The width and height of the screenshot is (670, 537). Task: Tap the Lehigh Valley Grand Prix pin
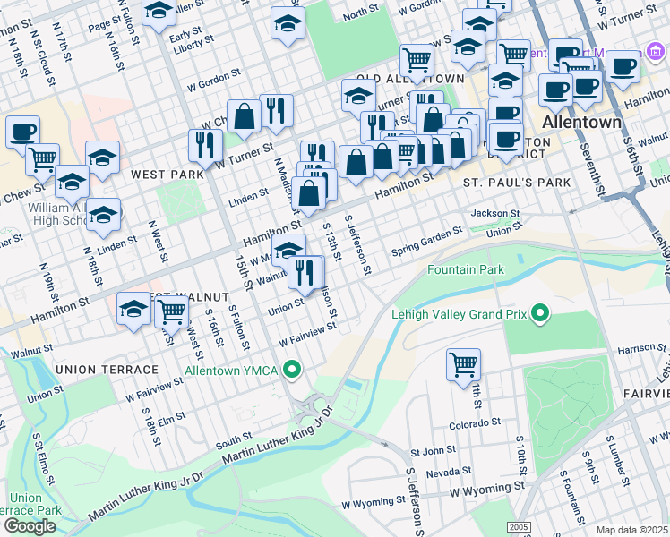coord(539,314)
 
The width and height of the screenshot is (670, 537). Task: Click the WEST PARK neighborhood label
coord(167,174)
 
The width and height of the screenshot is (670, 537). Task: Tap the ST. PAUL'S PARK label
coord(517,183)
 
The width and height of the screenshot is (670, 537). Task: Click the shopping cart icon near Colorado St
coord(464,363)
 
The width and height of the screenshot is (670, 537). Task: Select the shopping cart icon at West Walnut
coord(170,311)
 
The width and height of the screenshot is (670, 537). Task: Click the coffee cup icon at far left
coord(22,132)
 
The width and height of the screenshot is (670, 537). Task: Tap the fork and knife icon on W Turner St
coord(205,144)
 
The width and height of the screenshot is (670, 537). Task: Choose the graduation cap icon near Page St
coord(159,12)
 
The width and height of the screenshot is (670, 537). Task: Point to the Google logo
coord(30,526)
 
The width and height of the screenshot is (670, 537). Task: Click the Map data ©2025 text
coord(631,530)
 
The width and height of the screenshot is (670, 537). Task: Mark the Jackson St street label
coord(495,214)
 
